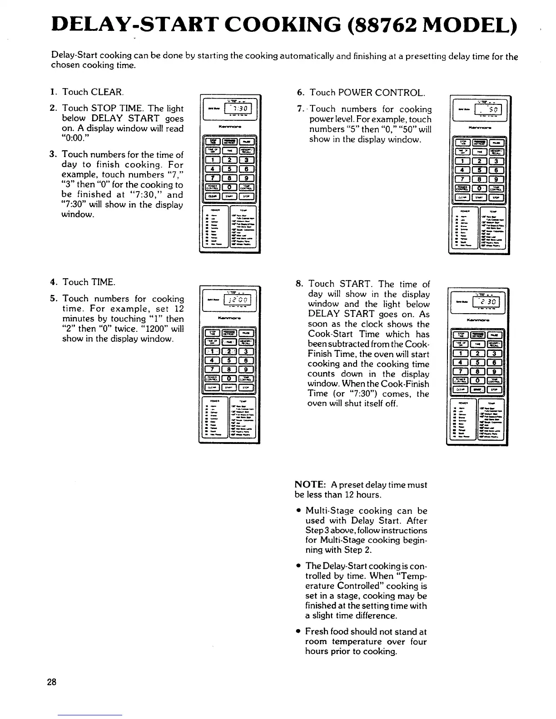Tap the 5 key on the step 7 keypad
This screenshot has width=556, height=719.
pos(479,170)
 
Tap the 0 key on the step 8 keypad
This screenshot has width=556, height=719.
pos(478,380)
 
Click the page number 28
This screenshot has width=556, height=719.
pos(51,682)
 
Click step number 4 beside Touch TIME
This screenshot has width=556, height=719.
pos(53,282)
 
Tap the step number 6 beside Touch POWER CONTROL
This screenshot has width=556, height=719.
pos(300,93)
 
